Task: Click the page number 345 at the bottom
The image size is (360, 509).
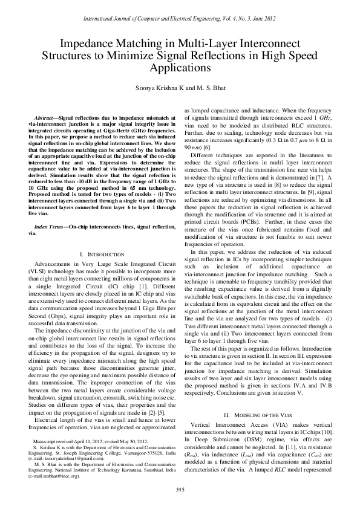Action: click(180, 489)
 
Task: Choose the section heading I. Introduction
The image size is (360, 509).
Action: click(102, 255)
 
